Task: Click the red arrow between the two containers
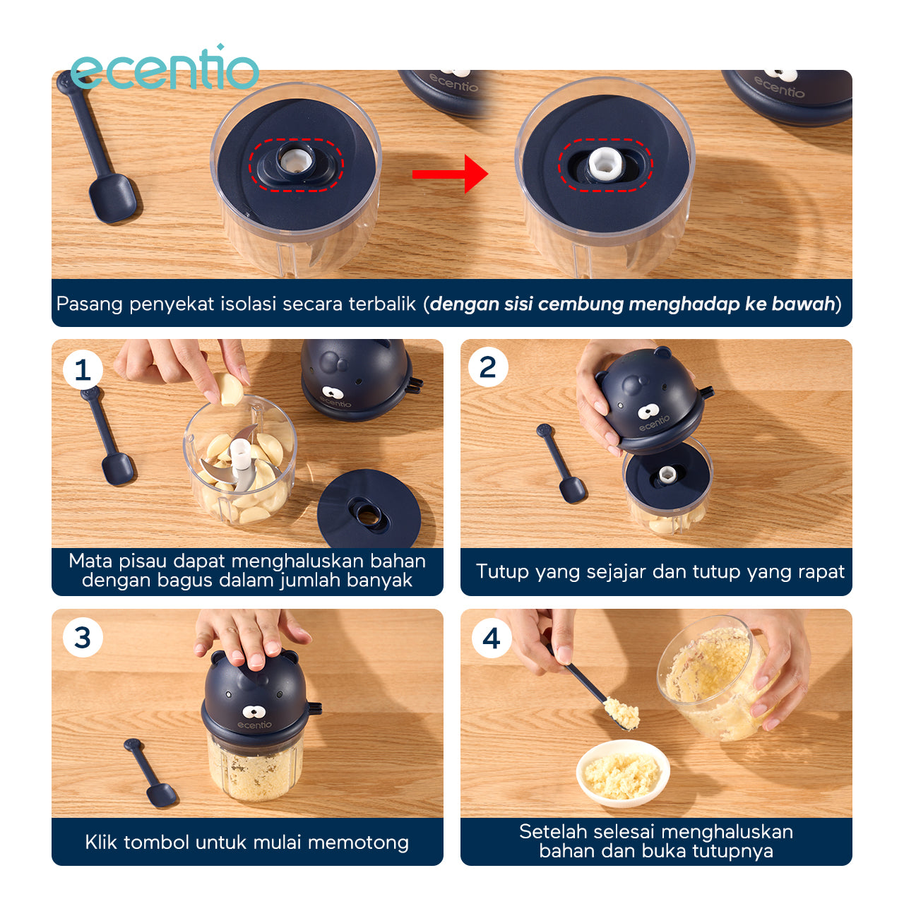(x=450, y=174)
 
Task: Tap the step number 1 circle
(x=83, y=369)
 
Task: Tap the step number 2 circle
(x=488, y=367)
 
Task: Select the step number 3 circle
(x=83, y=638)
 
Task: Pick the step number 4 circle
(x=491, y=638)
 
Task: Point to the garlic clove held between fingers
(x=230, y=388)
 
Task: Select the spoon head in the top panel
(x=113, y=198)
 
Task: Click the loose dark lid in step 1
(x=369, y=509)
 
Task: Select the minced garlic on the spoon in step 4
(x=621, y=714)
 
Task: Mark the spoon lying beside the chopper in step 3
(x=150, y=773)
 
